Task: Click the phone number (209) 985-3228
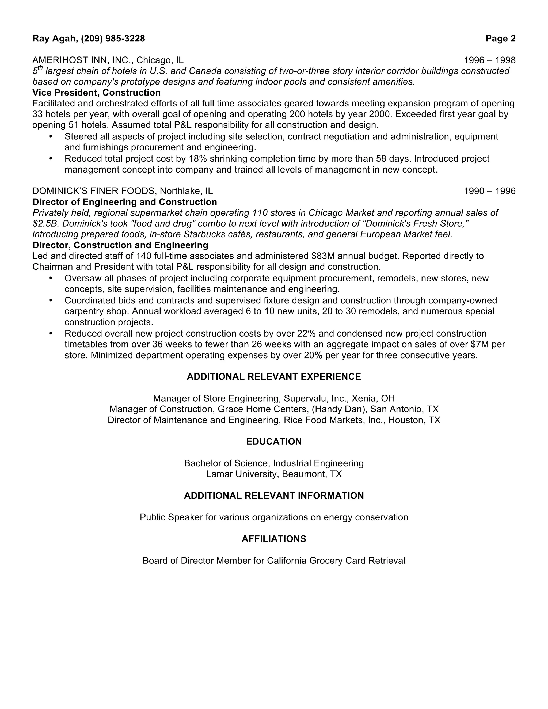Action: click(113, 39)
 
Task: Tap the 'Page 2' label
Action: click(500, 39)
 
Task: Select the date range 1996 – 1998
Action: click(490, 60)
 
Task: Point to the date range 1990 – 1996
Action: click(490, 191)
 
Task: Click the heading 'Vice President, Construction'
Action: click(96, 93)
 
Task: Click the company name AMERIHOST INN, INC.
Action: click(83, 60)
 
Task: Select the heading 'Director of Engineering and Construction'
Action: click(125, 202)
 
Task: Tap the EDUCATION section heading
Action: click(274, 441)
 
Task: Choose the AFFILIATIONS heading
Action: click(274, 539)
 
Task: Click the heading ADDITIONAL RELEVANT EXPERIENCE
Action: click(274, 377)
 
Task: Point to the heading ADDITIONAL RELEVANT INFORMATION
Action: click(274, 496)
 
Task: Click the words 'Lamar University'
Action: click(242, 474)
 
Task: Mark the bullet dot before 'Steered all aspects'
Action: click(50, 136)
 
